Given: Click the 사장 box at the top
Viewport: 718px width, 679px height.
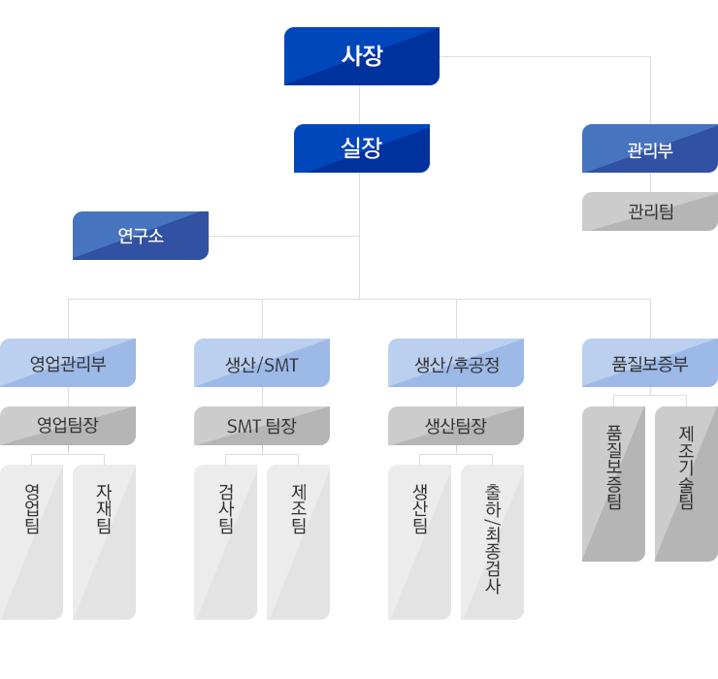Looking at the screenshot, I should point(361,56).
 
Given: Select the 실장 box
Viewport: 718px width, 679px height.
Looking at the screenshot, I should point(361,148).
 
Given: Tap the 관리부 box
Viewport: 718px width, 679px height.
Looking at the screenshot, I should point(649,149).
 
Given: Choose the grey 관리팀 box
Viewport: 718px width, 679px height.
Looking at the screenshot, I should point(649,211).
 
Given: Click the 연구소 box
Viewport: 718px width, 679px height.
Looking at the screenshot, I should point(141,236).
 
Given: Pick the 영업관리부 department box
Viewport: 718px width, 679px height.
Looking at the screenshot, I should point(68,364).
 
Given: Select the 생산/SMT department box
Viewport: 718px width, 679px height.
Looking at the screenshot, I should point(262,364).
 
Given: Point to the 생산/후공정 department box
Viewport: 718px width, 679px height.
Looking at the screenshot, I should point(456,364).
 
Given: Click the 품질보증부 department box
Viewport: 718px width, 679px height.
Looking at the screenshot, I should point(649,364).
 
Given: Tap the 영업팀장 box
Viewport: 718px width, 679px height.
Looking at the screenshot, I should point(68,425).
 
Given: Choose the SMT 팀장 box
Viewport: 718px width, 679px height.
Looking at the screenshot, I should point(262,425).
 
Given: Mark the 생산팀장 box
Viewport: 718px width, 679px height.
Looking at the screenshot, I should point(456,425).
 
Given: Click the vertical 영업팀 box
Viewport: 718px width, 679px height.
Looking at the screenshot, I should point(32,541).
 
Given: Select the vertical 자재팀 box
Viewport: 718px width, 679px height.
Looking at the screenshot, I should point(104,541).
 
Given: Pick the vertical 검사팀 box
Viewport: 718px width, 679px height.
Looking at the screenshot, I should point(226,541).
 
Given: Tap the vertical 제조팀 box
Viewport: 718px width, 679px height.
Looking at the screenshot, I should point(298,541).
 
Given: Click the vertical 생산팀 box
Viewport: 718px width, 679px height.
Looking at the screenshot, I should point(420,541).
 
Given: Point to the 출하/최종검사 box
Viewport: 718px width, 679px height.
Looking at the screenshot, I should point(492,541).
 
